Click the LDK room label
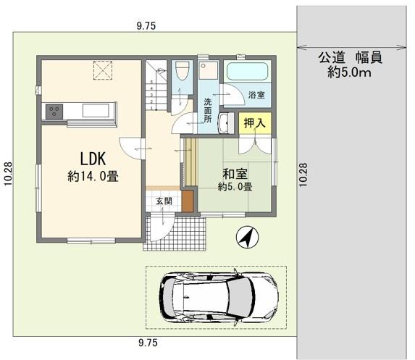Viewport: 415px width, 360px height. (93, 159)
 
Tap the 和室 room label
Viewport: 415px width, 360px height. (235, 174)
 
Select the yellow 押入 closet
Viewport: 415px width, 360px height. (255, 123)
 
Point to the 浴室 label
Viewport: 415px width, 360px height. (256, 95)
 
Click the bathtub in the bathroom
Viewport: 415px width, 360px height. (247, 71)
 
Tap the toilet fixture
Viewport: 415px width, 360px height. (182, 71)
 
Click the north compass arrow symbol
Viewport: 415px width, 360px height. (247, 237)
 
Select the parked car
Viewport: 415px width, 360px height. (218, 297)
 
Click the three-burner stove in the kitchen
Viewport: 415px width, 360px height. (54, 112)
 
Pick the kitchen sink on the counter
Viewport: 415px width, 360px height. (96, 110)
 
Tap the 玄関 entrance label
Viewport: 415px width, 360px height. (164, 201)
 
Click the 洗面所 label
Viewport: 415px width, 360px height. (207, 110)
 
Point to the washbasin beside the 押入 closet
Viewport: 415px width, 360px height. (226, 123)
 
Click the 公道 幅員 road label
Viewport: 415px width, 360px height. (350, 57)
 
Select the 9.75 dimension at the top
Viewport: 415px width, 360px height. (146, 26)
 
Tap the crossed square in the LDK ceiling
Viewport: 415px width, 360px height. (104, 70)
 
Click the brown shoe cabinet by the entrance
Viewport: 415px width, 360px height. (188, 201)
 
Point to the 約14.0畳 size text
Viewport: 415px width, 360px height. (93, 176)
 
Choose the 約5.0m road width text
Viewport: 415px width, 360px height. (349, 72)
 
